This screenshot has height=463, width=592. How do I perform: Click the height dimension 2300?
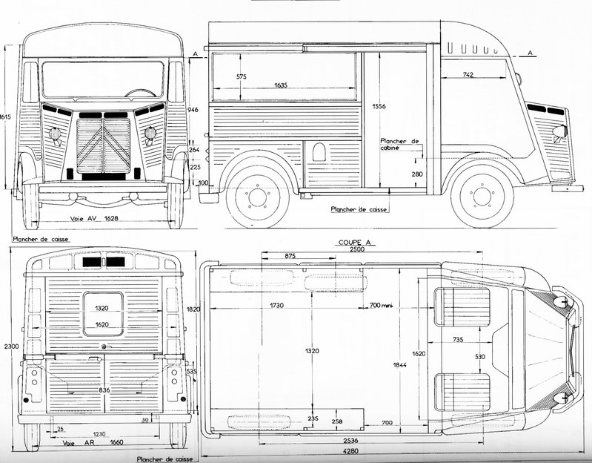tap(8, 347)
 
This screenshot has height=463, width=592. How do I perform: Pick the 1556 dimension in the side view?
tap(379, 106)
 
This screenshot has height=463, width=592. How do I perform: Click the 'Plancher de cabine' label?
tap(400, 145)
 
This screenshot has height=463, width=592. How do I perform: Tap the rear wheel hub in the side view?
tap(257, 196)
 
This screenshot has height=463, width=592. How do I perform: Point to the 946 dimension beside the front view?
tap(195, 108)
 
